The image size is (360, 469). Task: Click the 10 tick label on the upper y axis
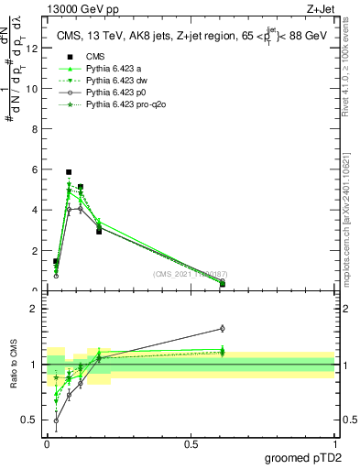tap(30, 89)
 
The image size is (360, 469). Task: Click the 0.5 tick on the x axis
tap(191, 442)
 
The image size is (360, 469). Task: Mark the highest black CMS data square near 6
tap(69, 171)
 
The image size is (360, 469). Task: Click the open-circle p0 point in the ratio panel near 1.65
tap(223, 328)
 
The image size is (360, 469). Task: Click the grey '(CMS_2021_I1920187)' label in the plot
tap(191, 275)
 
